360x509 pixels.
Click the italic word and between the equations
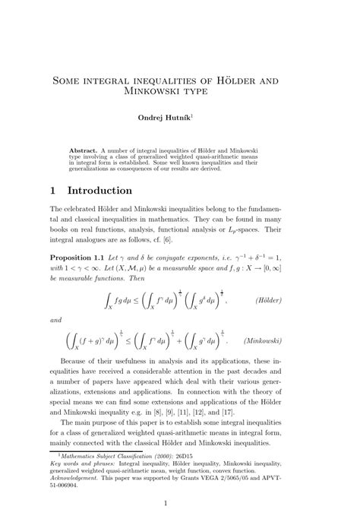pos(56,321)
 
